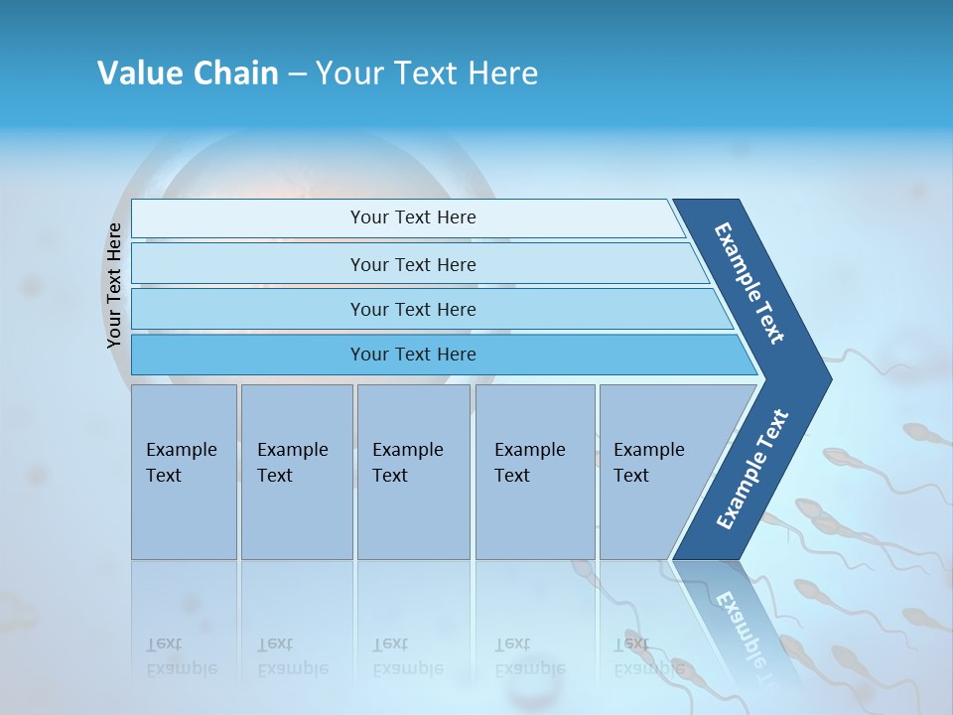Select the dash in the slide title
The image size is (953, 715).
coord(297,74)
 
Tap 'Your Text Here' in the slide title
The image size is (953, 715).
coord(427,73)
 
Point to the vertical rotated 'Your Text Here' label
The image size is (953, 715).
coord(114,286)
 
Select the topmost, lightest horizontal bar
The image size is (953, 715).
coord(413,217)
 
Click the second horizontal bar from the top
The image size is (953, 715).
coord(413,264)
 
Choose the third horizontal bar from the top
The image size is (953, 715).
coord(413,309)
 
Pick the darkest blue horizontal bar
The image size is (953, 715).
coord(413,355)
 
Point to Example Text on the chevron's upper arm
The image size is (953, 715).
coord(749,284)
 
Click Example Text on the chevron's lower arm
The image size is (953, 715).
coord(752,469)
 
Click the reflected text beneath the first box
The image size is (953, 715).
coord(182,656)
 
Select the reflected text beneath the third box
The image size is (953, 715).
coord(408,656)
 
